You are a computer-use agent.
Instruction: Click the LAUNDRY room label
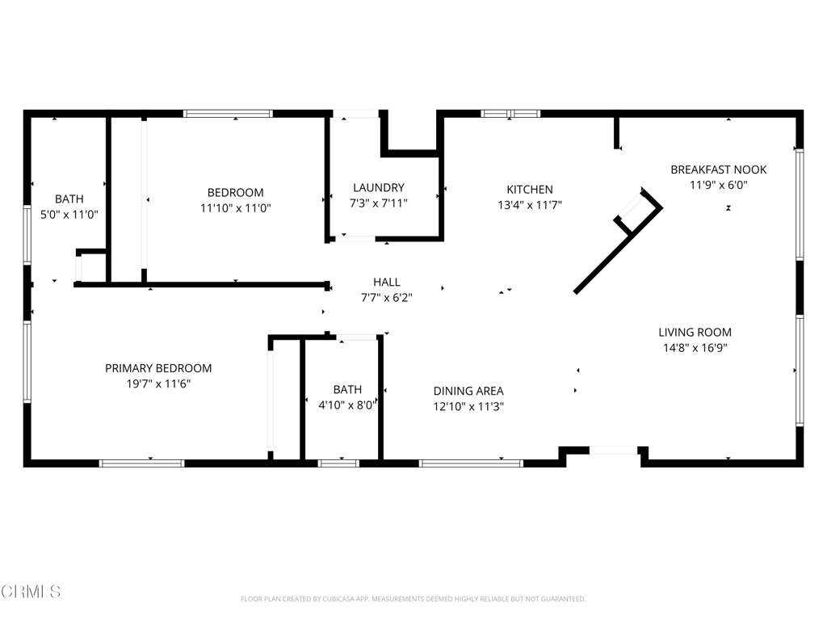pos(379,188)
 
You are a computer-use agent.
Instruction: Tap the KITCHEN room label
pos(529,190)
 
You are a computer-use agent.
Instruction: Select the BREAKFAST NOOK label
pos(718,170)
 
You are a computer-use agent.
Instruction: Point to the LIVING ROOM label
pos(695,332)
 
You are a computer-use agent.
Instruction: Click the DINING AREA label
pos(468,391)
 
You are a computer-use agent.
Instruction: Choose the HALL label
pos(387,282)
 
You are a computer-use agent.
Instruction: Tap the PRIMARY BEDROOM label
pos(158,368)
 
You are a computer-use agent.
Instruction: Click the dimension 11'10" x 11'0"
pos(235,208)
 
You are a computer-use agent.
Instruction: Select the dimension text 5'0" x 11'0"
pos(69,215)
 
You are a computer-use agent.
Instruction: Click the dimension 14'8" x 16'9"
pos(695,348)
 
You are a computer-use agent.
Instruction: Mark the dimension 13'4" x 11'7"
pos(529,206)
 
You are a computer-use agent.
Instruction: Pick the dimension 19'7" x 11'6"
pos(158,384)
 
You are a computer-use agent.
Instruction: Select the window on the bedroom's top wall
pos(228,114)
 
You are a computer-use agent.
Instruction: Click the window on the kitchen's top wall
pos(510,114)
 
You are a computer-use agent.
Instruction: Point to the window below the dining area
pos(471,463)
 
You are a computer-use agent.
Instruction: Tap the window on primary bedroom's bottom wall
pos(141,463)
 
